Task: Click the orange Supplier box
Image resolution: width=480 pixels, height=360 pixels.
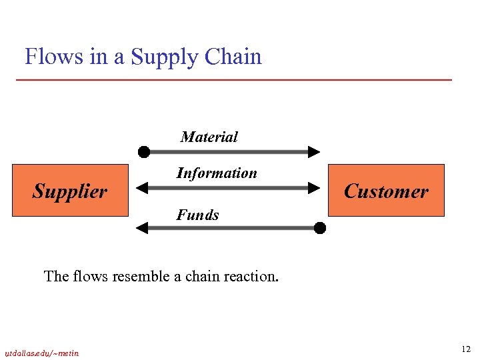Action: coord(70,191)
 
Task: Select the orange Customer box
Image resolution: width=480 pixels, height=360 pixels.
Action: coord(386,191)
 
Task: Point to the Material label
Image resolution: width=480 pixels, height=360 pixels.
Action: coord(209,137)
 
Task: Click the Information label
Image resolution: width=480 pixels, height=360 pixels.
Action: coord(217,173)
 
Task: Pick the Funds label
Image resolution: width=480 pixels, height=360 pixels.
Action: coord(197,215)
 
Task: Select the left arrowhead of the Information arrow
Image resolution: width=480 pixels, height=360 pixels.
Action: coord(142,189)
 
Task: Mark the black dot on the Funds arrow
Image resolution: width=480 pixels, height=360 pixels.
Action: coord(320,228)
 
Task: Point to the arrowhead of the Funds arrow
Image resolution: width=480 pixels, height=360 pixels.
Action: coord(142,228)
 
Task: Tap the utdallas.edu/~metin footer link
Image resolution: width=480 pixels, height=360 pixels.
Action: coord(41,353)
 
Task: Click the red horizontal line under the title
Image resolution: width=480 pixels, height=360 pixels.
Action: coord(233,80)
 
